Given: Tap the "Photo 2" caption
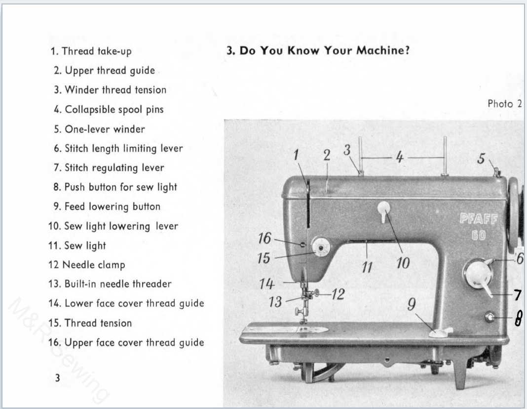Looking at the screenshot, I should click(x=505, y=104).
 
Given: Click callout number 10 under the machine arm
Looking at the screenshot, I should click(x=403, y=264).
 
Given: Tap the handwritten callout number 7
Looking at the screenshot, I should click(x=517, y=296).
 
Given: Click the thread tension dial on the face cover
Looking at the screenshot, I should click(x=320, y=247).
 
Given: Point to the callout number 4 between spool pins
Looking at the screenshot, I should click(x=400, y=157).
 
